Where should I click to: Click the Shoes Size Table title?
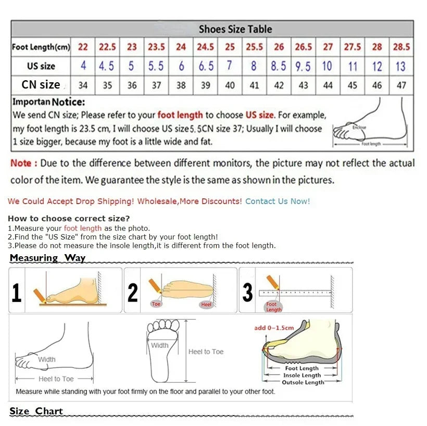point(235,29)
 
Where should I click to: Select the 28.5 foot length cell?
point(401,47)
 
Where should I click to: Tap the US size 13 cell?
point(400,66)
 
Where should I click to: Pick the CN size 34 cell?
point(83,85)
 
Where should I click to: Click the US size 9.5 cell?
point(303,66)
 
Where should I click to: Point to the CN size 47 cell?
point(401,85)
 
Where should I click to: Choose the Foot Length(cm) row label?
point(41,47)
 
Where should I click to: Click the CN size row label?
point(41,84)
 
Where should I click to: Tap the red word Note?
point(21,163)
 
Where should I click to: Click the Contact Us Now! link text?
point(278,201)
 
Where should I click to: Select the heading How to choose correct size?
point(69,218)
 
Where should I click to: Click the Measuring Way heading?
point(47,258)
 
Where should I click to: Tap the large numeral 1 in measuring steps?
point(17,293)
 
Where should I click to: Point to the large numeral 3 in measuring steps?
point(248,293)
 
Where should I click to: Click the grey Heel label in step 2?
point(207,304)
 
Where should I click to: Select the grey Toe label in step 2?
point(156,304)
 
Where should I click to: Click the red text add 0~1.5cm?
point(274,328)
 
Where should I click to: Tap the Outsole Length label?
point(303,382)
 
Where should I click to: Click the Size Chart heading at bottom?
point(36,411)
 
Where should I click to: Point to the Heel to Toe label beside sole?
point(206,352)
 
